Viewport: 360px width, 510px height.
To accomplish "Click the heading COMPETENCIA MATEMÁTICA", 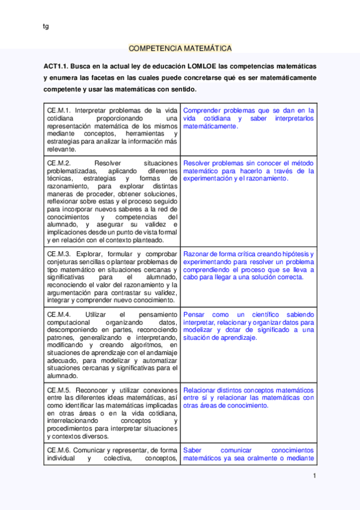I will (180, 49).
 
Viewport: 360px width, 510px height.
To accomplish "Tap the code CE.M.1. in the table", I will (59, 111).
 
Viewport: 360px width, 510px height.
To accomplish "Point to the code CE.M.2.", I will (59, 163).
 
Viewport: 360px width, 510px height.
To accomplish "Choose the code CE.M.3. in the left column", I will (59, 254).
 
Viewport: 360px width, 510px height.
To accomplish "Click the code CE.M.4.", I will (59, 315).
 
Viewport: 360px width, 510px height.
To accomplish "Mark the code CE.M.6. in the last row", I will (59, 450).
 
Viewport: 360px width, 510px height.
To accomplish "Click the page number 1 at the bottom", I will (314, 476).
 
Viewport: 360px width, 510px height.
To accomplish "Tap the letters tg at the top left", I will (46, 26).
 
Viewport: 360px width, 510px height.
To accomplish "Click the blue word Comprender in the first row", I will (202, 111).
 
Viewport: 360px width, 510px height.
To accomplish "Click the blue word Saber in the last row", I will (193, 450).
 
